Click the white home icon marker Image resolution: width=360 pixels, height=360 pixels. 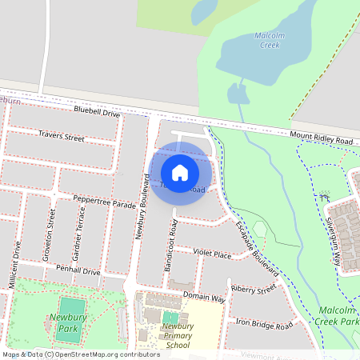[180, 172]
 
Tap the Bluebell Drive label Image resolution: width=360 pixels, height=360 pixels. [96, 113]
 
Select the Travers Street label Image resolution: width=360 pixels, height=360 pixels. [61, 137]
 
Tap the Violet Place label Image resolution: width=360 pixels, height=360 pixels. [211, 254]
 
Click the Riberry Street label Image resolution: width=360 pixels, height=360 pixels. [253, 288]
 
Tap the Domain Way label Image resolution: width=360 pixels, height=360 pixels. [203, 297]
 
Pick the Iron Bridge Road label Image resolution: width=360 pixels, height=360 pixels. [265, 323]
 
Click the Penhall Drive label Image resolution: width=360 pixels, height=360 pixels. [78, 271]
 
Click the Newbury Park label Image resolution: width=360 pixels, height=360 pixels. [68, 322]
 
